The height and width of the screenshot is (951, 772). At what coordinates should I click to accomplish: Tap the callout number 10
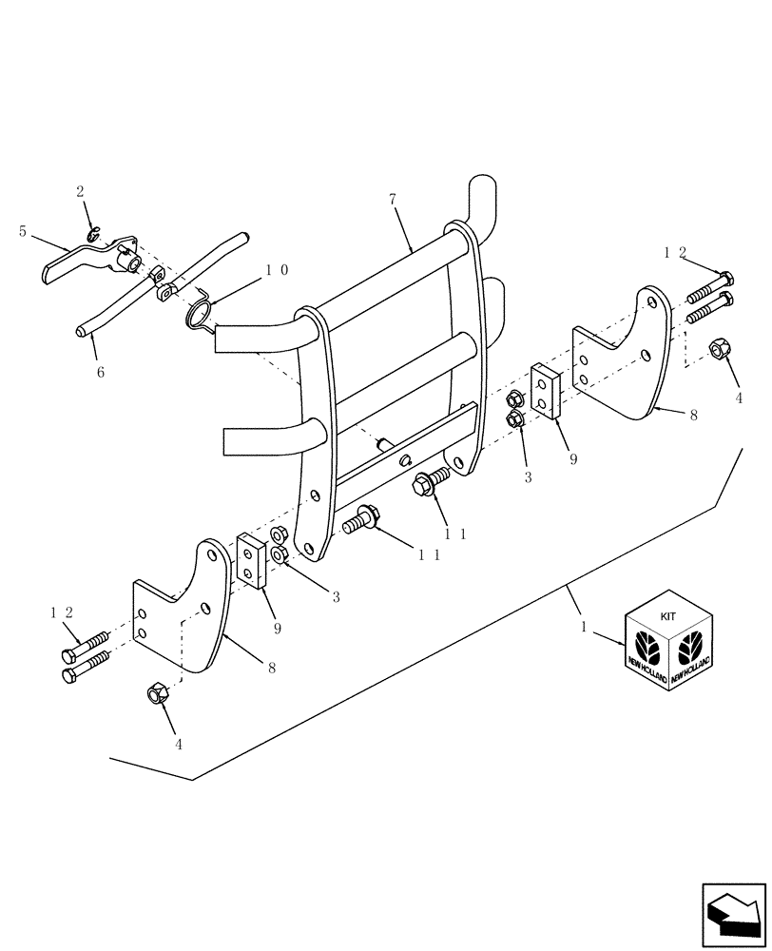pos(277,270)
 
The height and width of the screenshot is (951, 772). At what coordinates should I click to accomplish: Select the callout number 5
pos(23,231)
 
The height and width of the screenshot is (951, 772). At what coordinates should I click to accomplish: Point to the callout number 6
pos(100,373)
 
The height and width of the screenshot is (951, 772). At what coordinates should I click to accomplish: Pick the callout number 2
pos(81,191)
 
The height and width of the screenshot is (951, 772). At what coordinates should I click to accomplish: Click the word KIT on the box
pos(668,616)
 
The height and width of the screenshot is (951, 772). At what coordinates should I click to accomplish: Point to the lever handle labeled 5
pos(76,262)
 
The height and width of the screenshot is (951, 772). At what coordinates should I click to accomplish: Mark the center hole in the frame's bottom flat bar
pos(406,461)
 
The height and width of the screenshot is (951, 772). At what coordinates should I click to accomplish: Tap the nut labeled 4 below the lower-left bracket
pos(158,694)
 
